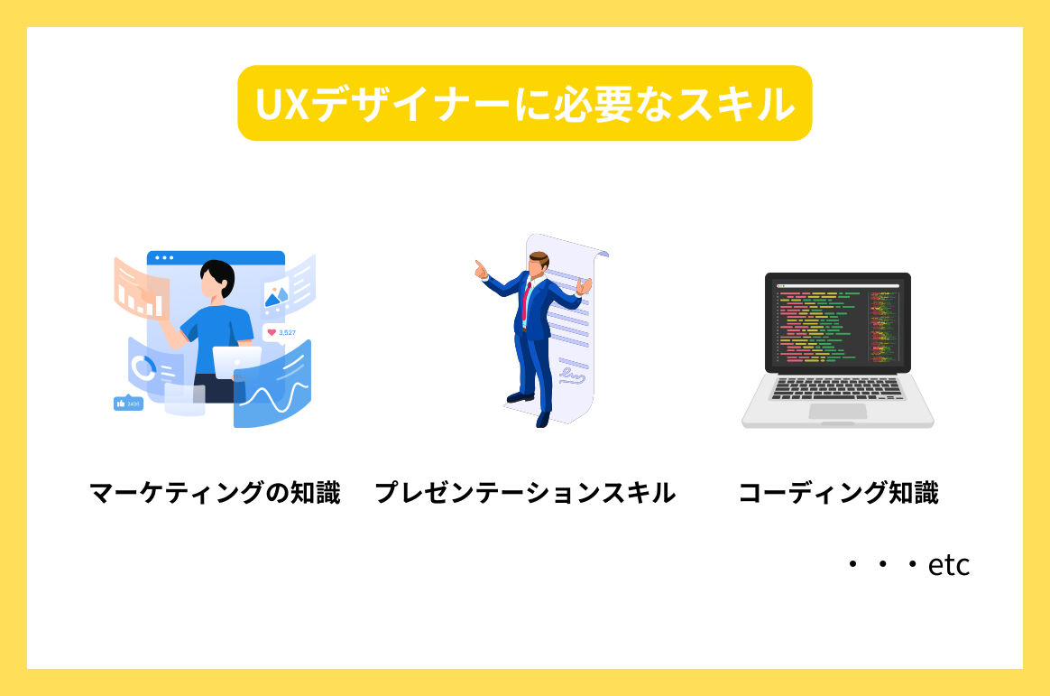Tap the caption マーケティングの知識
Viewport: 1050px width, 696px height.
(x=215, y=493)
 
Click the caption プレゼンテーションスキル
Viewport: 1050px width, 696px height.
(x=524, y=493)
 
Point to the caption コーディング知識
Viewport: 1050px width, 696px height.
(x=838, y=493)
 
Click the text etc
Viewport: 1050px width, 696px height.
(x=949, y=565)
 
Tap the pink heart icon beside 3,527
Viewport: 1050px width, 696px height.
(x=272, y=332)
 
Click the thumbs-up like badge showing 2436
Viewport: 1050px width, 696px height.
(x=128, y=404)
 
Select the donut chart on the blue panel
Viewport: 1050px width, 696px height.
(x=143, y=367)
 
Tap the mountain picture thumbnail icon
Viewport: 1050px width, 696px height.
(x=276, y=294)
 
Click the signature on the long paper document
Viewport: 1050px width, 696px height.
(x=570, y=371)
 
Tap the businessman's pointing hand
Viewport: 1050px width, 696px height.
(x=480, y=268)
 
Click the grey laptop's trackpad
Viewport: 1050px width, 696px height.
(x=837, y=411)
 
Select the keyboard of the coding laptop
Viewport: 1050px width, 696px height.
(x=837, y=388)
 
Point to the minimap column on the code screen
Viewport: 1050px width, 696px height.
(x=884, y=325)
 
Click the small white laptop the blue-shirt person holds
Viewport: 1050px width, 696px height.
(x=236, y=358)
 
